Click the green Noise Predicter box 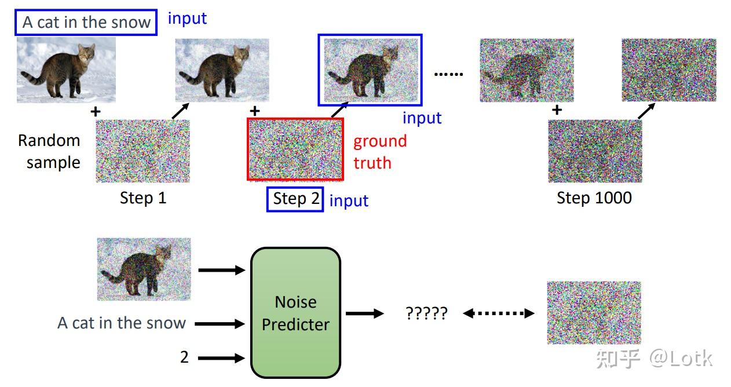[295, 313]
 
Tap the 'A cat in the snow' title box [86, 23]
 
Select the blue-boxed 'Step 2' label [295, 199]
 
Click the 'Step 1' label [143, 198]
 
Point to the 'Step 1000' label [594, 198]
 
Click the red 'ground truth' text [380, 152]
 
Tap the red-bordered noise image [295, 149]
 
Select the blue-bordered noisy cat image [370, 70]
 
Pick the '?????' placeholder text [426, 313]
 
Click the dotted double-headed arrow [499, 313]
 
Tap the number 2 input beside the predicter [184, 357]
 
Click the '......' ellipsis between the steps [449, 74]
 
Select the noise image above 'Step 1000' [595, 151]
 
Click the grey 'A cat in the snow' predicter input [122, 323]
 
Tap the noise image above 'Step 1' [142, 151]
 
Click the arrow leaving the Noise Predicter [364, 313]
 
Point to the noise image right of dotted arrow [594, 313]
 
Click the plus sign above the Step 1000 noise [557, 109]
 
